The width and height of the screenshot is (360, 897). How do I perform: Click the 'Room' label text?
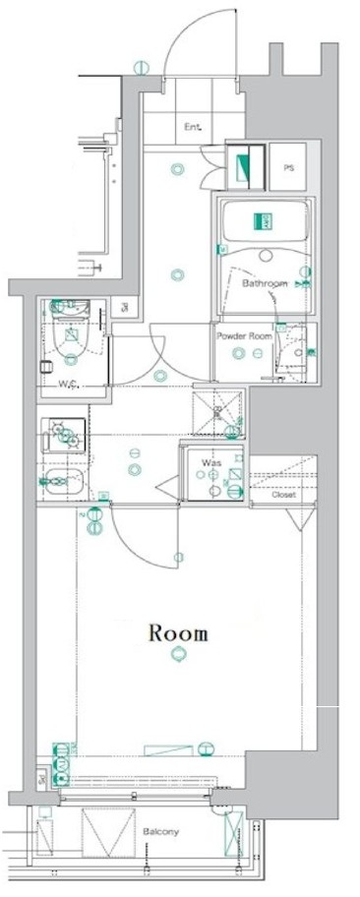point(178,632)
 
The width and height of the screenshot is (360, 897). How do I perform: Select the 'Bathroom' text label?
point(265,283)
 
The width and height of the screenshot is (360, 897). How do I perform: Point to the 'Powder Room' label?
point(242,334)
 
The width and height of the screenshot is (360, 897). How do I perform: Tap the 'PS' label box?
point(288,168)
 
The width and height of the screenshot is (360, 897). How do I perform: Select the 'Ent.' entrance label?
point(192,127)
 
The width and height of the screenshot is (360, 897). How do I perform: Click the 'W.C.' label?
point(69,384)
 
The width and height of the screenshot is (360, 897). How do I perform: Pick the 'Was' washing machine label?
point(210,461)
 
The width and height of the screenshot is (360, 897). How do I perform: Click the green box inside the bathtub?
point(264,222)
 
